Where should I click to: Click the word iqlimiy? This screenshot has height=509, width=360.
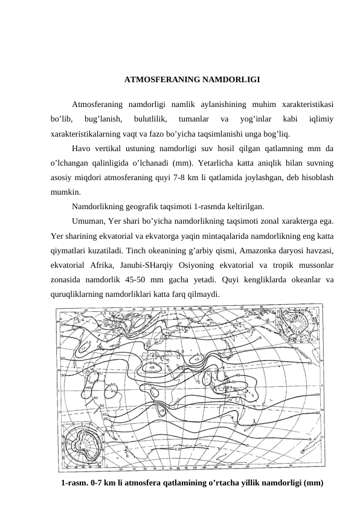coord(323,118)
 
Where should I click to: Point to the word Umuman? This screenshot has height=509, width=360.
coord(88,221)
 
